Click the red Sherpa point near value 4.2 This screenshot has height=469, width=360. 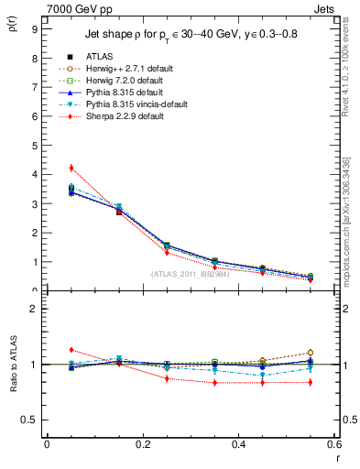click(71, 168)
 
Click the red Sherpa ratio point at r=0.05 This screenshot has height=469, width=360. click(71, 350)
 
